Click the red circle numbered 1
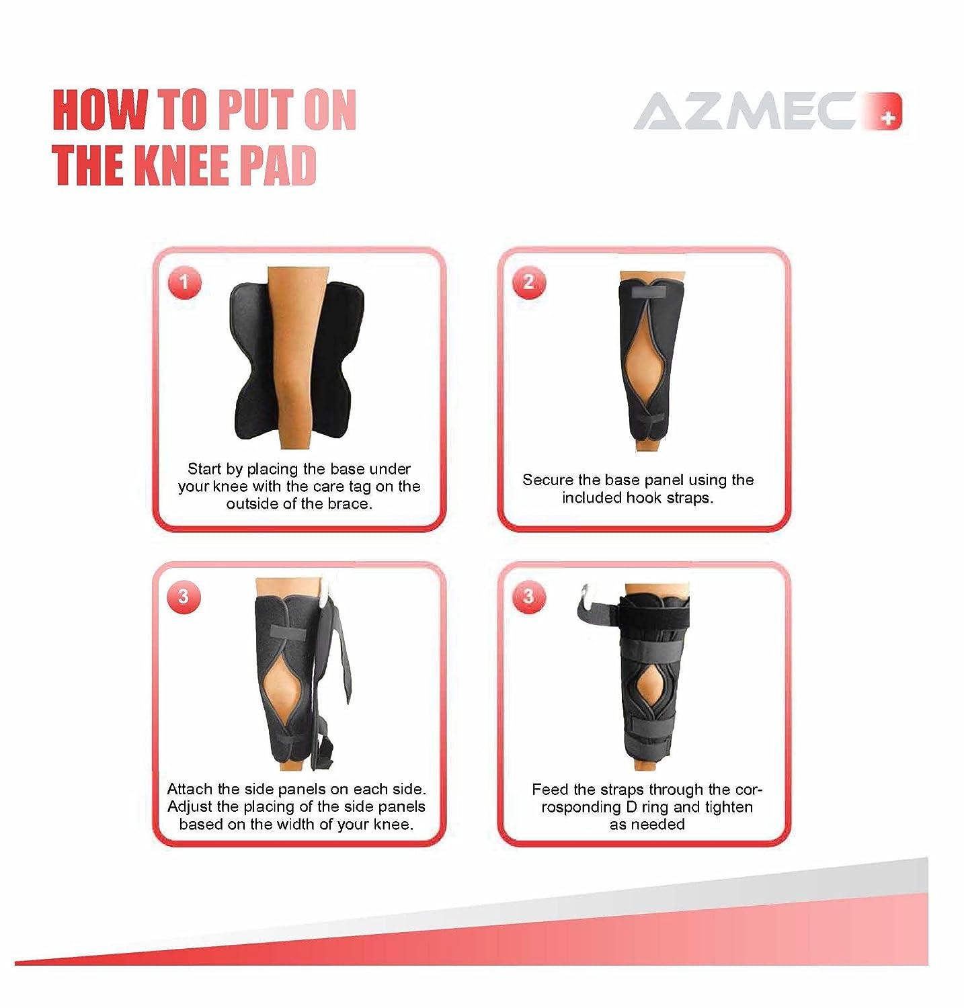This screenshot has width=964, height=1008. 184,282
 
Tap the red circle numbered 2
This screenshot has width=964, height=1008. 528,282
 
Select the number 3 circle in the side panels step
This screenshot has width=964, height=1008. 184,596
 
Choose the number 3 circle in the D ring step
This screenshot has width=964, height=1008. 528,596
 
